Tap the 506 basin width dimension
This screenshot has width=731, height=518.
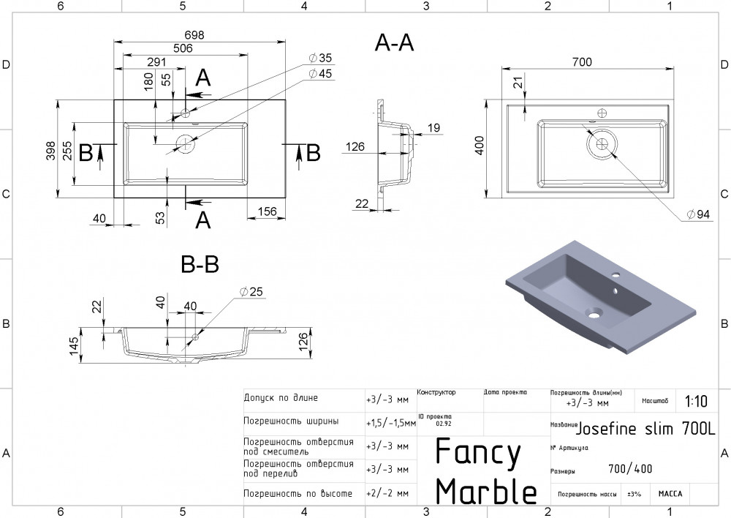coord(182,48)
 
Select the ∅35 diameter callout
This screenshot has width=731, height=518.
coord(320,58)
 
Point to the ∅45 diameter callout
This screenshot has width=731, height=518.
coord(320,73)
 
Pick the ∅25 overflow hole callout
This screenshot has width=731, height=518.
coord(251,292)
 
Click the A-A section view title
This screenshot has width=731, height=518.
coord(394,43)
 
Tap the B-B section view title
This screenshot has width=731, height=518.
coord(200,263)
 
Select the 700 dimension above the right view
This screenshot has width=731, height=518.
coord(581,63)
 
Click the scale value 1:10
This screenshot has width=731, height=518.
coord(696,401)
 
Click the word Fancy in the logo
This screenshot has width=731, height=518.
coord(478,454)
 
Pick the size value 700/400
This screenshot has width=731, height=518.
coord(630,470)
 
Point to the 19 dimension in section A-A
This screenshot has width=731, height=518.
coord(433,129)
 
